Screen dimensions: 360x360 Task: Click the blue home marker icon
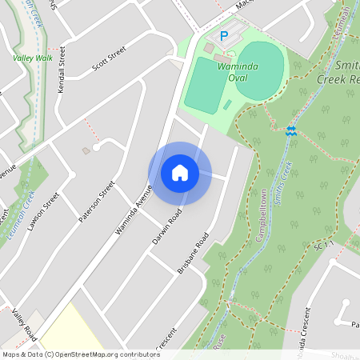[x=180, y=172]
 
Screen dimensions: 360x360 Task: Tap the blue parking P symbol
[x=224, y=36]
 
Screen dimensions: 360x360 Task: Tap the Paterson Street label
[x=96, y=203]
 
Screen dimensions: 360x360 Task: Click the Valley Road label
[x=23, y=323]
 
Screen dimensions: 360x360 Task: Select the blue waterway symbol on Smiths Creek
[x=291, y=130]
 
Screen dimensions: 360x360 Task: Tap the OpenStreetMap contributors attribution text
[x=80, y=354]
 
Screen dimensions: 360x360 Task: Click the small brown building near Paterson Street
[x=86, y=150]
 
